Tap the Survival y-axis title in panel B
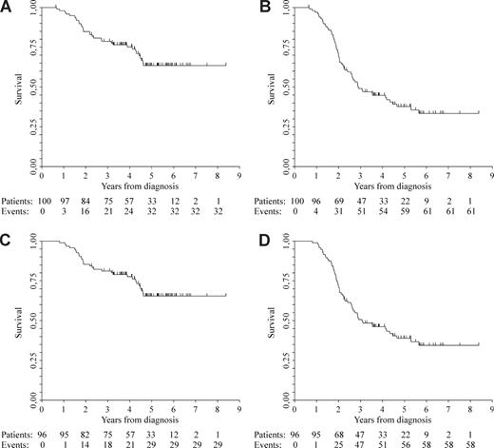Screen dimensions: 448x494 click(x=267, y=87)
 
